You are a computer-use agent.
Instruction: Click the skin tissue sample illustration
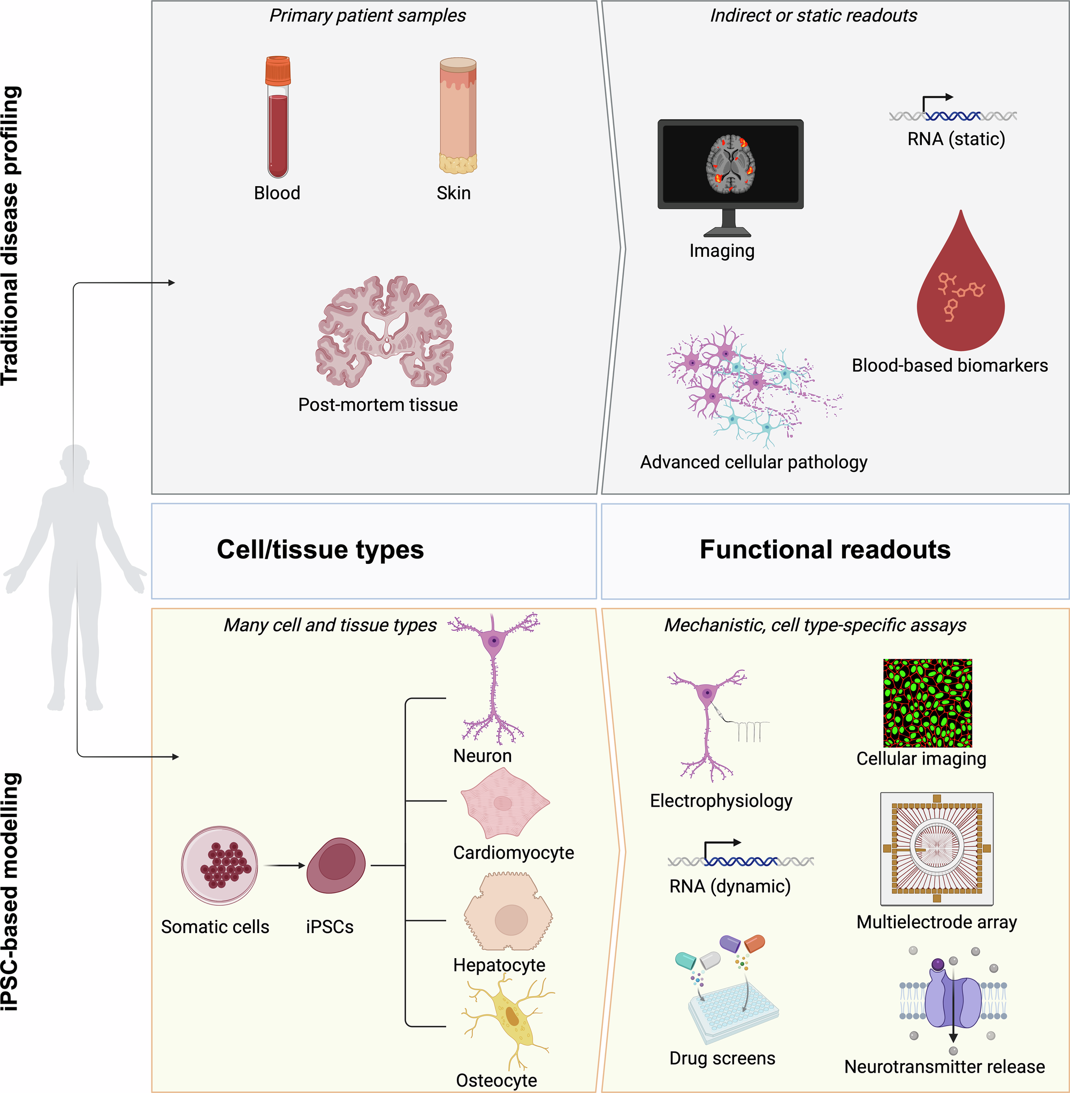[x=457, y=115]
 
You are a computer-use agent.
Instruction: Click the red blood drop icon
[x=960, y=292]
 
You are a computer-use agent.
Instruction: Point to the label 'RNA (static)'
[x=956, y=139]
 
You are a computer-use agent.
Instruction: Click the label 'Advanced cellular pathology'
[x=754, y=462]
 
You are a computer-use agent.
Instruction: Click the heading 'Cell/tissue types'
[x=320, y=549]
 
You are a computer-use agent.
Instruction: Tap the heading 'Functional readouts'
[x=825, y=549]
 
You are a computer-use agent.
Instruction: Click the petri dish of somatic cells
[x=220, y=866]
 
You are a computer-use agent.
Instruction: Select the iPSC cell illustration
[x=336, y=866]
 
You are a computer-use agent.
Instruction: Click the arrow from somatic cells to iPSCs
[x=284, y=866]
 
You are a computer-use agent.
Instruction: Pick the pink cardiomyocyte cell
[x=503, y=803]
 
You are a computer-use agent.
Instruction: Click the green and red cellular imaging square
[x=927, y=703]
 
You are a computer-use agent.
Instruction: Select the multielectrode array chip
[x=936, y=849]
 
